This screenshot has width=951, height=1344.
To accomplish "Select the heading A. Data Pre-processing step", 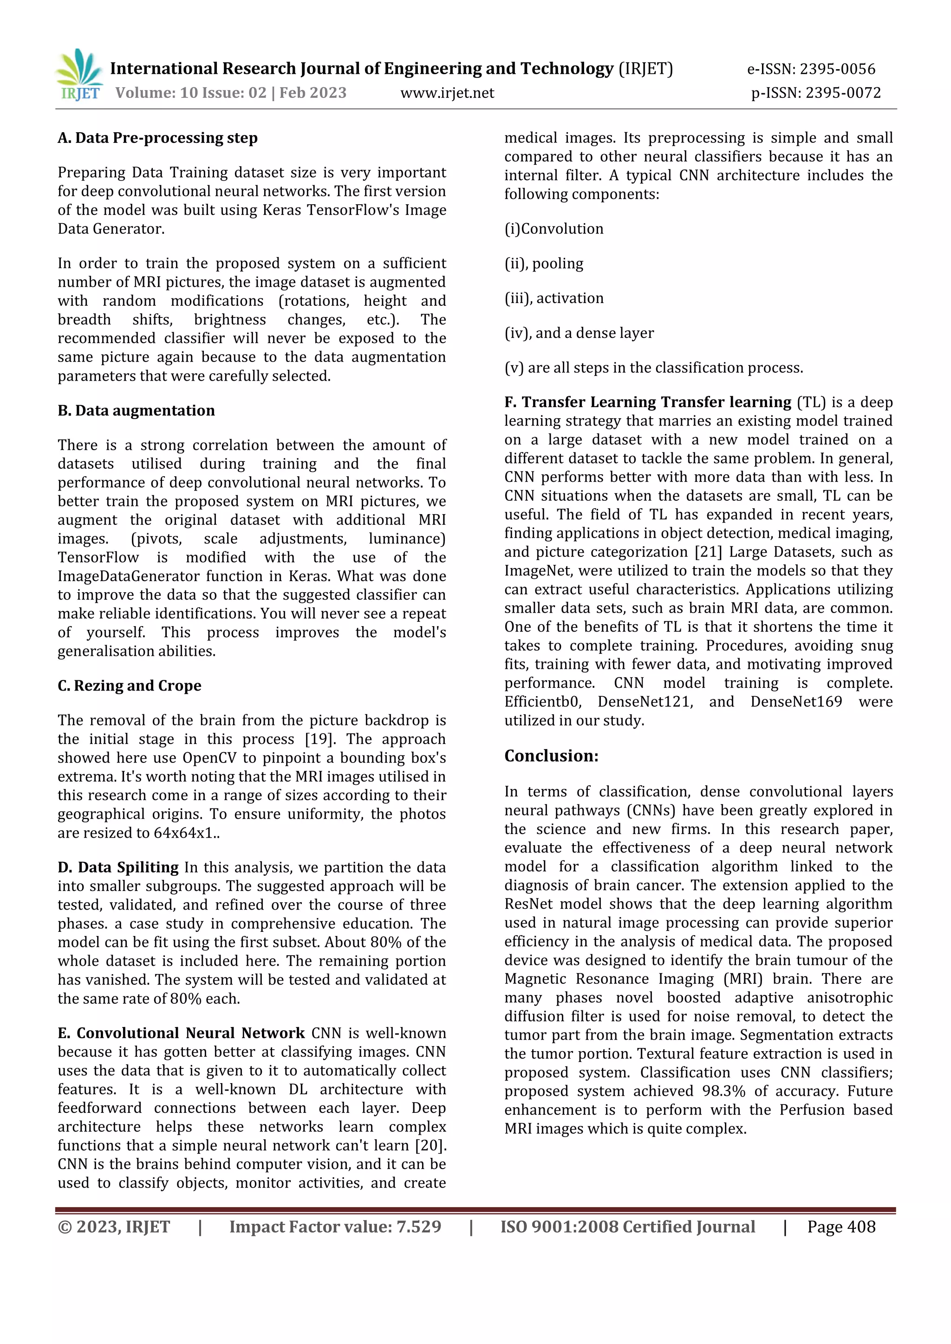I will coord(157,138).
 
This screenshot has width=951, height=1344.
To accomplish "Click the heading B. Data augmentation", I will coord(136,410).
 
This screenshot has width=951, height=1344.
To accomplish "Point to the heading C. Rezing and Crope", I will coord(130,685).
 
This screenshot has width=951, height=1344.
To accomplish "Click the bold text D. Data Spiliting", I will coord(118,867).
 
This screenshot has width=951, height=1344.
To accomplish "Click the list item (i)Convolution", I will coord(554,229).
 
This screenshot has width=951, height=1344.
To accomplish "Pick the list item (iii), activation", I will coord(554,298).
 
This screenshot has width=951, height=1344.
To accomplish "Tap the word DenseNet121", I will coord(645,702).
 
